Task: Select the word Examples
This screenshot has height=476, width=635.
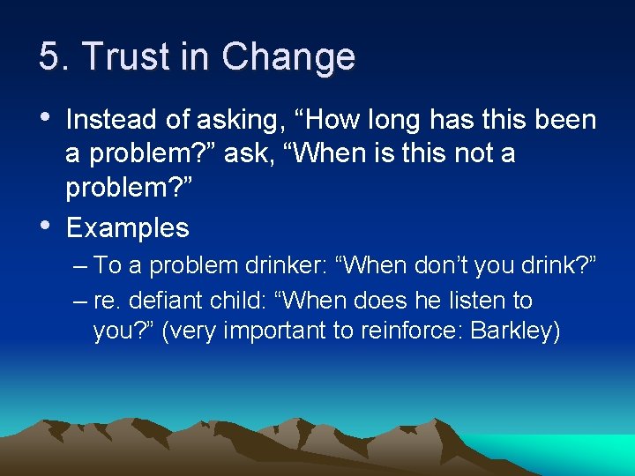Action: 127,228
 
